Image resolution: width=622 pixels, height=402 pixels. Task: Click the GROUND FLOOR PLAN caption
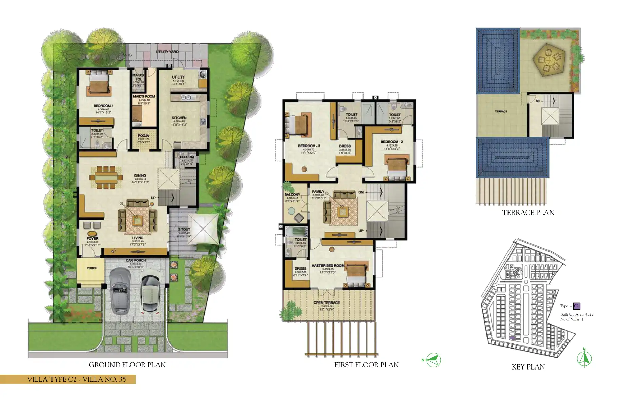pos(127,365)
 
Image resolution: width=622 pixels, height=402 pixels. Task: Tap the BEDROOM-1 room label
pos(103,106)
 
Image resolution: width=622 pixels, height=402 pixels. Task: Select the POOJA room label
pos(143,136)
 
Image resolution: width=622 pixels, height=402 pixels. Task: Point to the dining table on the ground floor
pos(106,177)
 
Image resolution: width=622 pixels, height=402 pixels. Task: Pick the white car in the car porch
pos(149,293)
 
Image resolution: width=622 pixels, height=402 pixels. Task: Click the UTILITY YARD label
pos(167,52)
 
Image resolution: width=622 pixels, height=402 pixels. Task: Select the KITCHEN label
pos(179,118)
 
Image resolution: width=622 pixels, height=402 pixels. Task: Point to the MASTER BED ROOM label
pos(328,266)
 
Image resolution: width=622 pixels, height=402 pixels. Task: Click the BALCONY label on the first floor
pos(292,195)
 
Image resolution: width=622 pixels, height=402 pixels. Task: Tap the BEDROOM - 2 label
pos(392,142)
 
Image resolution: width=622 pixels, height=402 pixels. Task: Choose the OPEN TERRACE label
pos(327,303)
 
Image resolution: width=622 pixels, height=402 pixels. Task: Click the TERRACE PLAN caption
pos(528,213)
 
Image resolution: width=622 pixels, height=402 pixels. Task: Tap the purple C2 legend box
pos(576,306)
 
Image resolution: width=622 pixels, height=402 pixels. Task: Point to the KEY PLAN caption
pos(528,367)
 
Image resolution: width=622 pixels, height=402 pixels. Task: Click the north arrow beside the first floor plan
pos(433,360)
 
